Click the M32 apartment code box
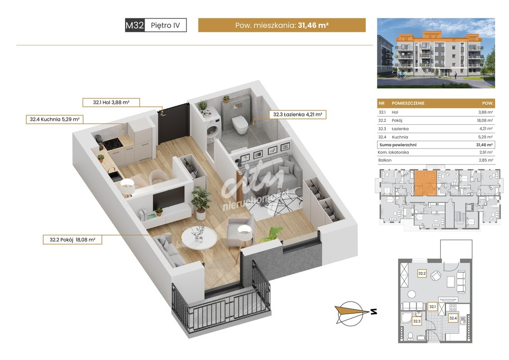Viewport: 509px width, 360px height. (135, 25)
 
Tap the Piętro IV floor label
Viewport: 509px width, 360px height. (165, 25)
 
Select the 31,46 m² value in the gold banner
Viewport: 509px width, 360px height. (313, 25)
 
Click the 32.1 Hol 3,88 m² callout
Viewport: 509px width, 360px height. (111, 102)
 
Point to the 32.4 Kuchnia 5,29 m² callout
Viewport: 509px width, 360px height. (55, 119)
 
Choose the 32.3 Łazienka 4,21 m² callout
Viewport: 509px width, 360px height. (297, 114)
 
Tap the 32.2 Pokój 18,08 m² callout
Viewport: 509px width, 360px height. (73, 240)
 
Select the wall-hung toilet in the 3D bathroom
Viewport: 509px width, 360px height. (240, 124)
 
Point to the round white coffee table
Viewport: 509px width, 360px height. (199, 238)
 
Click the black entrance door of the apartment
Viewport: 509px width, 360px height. (173, 124)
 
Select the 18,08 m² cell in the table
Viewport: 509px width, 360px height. (485, 120)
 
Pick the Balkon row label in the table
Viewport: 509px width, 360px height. (385, 160)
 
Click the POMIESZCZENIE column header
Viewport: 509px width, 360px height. (408, 103)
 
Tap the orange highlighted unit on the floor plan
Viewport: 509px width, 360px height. (425, 183)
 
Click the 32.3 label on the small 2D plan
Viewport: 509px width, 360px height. (417, 321)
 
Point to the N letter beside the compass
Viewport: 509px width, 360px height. (374, 312)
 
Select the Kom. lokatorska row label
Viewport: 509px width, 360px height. (393, 152)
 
